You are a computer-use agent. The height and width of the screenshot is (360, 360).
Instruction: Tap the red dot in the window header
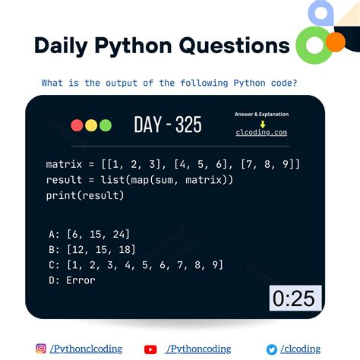77,125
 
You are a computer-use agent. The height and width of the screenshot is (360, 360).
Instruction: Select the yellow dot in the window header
91,125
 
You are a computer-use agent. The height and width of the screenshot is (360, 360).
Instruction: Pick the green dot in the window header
105,125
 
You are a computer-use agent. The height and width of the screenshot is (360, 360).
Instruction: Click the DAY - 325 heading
168,125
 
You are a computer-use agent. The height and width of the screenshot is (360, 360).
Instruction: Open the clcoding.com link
261,132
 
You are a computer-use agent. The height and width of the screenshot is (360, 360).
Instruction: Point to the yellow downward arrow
262,123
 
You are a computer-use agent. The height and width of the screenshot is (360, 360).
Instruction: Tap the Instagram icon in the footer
41,349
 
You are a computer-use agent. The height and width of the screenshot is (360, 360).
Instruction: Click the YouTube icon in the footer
150,349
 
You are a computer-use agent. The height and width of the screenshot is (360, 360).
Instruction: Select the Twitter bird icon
271,349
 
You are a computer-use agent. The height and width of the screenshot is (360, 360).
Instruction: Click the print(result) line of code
84,195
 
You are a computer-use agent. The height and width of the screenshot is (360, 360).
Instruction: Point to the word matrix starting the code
63,164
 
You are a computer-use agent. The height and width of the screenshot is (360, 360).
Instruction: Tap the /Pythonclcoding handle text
86,349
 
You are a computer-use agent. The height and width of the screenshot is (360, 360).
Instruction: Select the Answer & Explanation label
261,114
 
